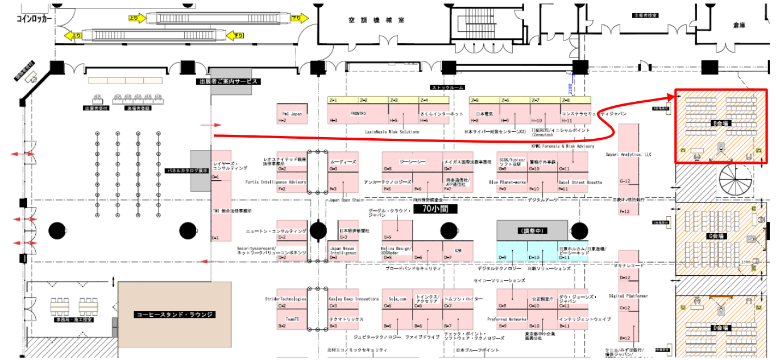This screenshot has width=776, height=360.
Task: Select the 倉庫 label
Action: click(x=738, y=25)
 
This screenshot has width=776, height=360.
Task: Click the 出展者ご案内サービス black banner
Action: click(x=228, y=81)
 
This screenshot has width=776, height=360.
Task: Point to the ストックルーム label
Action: click(x=447, y=88)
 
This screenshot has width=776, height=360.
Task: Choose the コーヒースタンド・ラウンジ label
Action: click(x=175, y=314)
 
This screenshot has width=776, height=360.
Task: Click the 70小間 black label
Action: click(x=435, y=209)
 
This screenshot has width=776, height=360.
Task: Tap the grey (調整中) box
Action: click(x=532, y=230)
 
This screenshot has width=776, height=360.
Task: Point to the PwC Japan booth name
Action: click(x=292, y=113)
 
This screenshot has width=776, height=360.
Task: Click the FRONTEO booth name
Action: click(x=358, y=113)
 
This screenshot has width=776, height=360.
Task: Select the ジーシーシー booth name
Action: click(x=412, y=162)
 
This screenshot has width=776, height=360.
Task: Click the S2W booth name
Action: click(x=458, y=250)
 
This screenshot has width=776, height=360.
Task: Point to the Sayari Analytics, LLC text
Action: click(x=628, y=154)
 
